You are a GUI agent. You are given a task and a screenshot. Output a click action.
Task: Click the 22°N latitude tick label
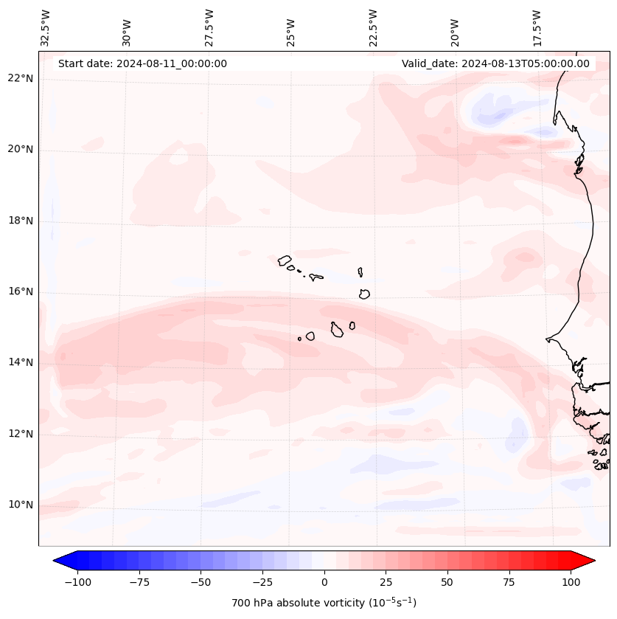[x=21, y=79]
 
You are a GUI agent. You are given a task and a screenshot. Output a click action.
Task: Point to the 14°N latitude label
[x=21, y=362]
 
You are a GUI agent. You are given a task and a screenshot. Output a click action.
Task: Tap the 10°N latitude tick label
[x=21, y=505]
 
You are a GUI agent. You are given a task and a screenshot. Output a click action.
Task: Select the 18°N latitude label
[x=21, y=221]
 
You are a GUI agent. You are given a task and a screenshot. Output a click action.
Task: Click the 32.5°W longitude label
[x=46, y=28]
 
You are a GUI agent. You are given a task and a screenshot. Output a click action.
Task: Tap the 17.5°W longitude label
[x=537, y=28]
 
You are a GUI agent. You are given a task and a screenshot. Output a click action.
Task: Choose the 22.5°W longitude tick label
[x=373, y=28]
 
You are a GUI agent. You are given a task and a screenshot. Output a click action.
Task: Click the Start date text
[x=142, y=63]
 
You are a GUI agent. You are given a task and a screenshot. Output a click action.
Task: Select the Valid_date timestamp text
[x=495, y=63]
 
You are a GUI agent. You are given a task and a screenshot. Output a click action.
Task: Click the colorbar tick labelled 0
[x=324, y=582]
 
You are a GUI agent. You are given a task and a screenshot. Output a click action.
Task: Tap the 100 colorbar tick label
[x=571, y=582]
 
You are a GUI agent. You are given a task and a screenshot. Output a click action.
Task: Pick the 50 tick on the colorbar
[x=447, y=582]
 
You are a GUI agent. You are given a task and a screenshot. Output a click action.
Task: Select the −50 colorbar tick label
[x=201, y=582]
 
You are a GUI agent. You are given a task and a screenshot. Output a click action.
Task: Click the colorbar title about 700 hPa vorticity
[x=324, y=603]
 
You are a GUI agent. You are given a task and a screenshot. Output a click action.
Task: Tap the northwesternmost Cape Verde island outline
[x=285, y=260]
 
